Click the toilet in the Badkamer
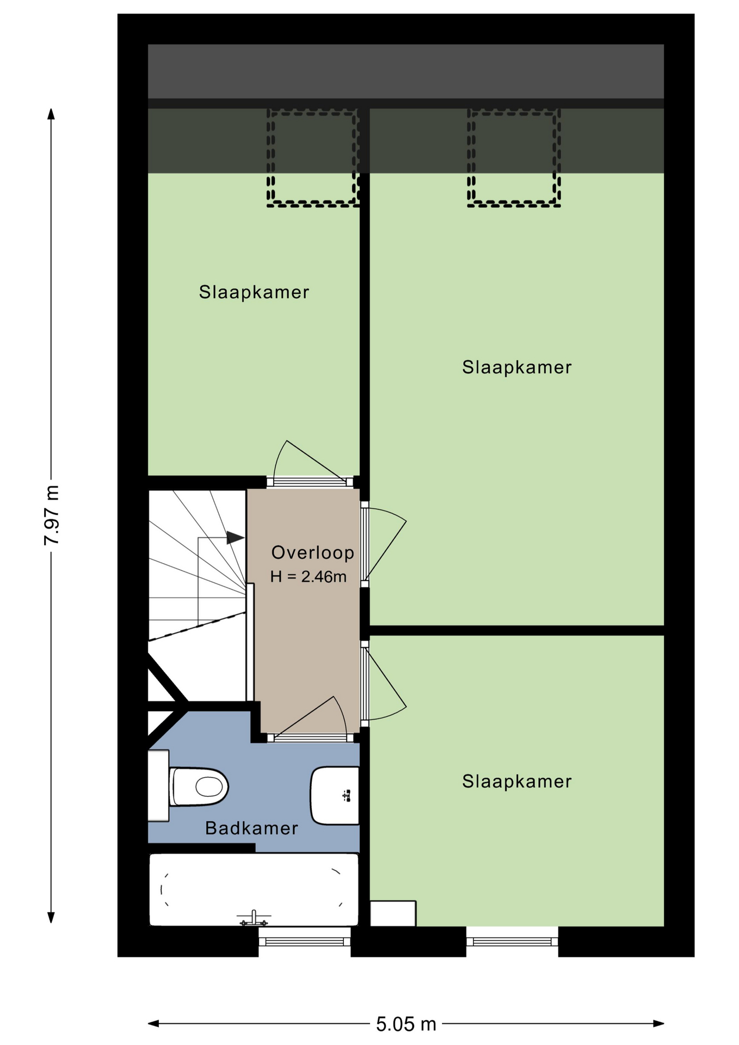coord(199,786)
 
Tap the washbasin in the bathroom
coord(335,795)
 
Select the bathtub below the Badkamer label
coord(254,889)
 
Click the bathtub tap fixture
coord(254,919)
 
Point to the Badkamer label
coord(251,828)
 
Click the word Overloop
coord(312,552)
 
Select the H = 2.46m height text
coord(308,576)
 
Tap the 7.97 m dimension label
coord(52,515)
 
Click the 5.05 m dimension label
coord(406,1024)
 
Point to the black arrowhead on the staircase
coord(235,538)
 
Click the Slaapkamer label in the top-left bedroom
coord(254,292)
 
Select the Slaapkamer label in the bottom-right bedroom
coord(517,782)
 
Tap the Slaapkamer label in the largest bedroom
coord(517,367)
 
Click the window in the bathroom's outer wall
coord(304,942)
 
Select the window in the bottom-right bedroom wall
coord(512,942)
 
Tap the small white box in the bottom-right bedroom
coord(393,913)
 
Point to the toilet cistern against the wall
coord(158,786)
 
